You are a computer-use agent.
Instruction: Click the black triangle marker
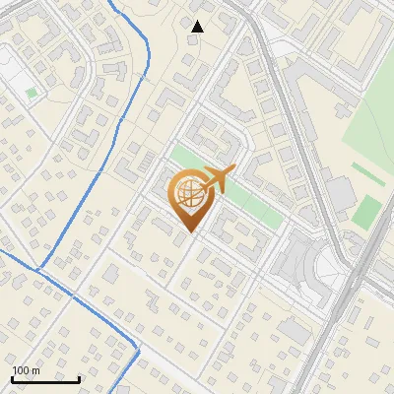click(198, 27)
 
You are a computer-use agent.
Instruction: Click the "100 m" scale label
click(26, 370)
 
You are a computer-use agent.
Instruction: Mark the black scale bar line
click(45, 379)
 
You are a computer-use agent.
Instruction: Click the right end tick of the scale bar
click(79, 377)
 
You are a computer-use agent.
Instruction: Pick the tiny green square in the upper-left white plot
click(32, 94)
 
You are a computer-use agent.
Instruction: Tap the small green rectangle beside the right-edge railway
click(367, 211)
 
